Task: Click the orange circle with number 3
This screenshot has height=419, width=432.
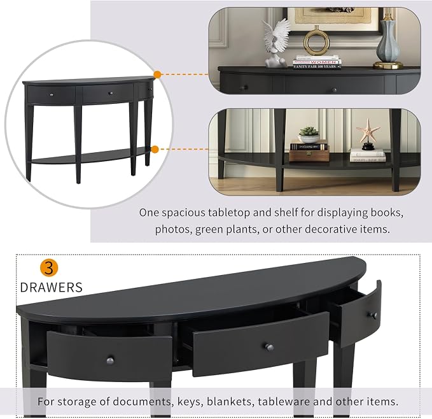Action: click(x=49, y=267)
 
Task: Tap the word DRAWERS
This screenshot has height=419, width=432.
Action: click(x=52, y=287)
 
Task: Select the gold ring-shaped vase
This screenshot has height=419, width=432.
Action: click(x=317, y=41)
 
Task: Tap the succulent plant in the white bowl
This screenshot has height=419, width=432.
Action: click(x=309, y=134)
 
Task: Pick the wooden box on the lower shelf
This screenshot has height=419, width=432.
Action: click(x=309, y=156)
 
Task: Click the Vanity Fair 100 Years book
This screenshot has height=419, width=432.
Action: click(x=317, y=66)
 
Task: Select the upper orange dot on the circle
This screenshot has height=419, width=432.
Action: click(x=157, y=75)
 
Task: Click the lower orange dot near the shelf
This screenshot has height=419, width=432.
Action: click(x=155, y=150)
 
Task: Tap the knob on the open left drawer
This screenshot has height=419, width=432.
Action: click(x=110, y=360)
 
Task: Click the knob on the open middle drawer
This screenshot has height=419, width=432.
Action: click(x=269, y=347)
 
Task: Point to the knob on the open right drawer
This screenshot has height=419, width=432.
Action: click(x=373, y=315)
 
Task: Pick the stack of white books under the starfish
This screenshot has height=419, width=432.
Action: click(x=368, y=155)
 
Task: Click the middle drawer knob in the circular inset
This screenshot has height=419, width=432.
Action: click(x=111, y=94)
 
